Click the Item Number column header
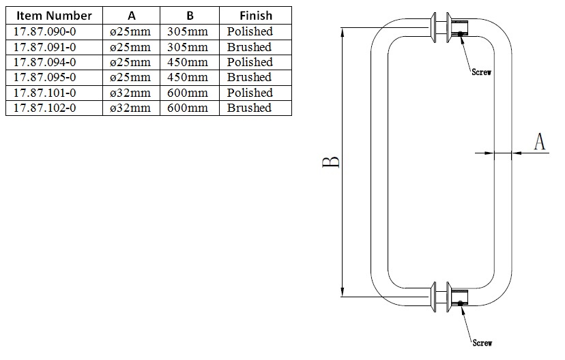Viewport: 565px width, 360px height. (54, 16)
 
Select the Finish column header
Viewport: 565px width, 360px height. (255, 16)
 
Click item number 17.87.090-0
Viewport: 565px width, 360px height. (44, 31)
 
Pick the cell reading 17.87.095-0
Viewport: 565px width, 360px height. (44, 77)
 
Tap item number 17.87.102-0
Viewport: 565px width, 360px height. (44, 108)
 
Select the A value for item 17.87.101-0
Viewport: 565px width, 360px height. (130, 93)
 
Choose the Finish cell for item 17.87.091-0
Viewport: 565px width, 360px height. (249, 47)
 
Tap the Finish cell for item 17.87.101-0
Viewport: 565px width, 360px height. (250, 93)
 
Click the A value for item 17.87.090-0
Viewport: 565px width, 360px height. (130, 31)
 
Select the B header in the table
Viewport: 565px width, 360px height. (190, 16)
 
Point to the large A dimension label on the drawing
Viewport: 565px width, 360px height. (539, 142)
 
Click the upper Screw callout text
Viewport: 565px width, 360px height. (482, 72)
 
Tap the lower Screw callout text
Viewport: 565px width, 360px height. (482, 343)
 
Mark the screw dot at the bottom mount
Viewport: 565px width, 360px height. (461, 303)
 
